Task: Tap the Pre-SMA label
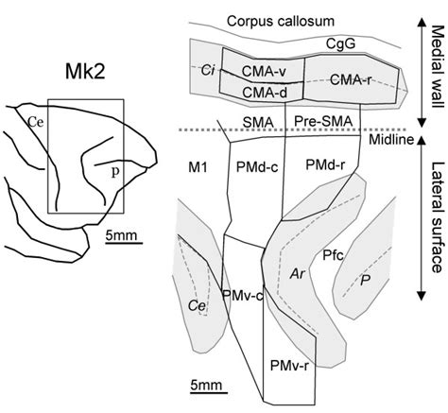[317, 121]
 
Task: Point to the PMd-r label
[327, 167]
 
